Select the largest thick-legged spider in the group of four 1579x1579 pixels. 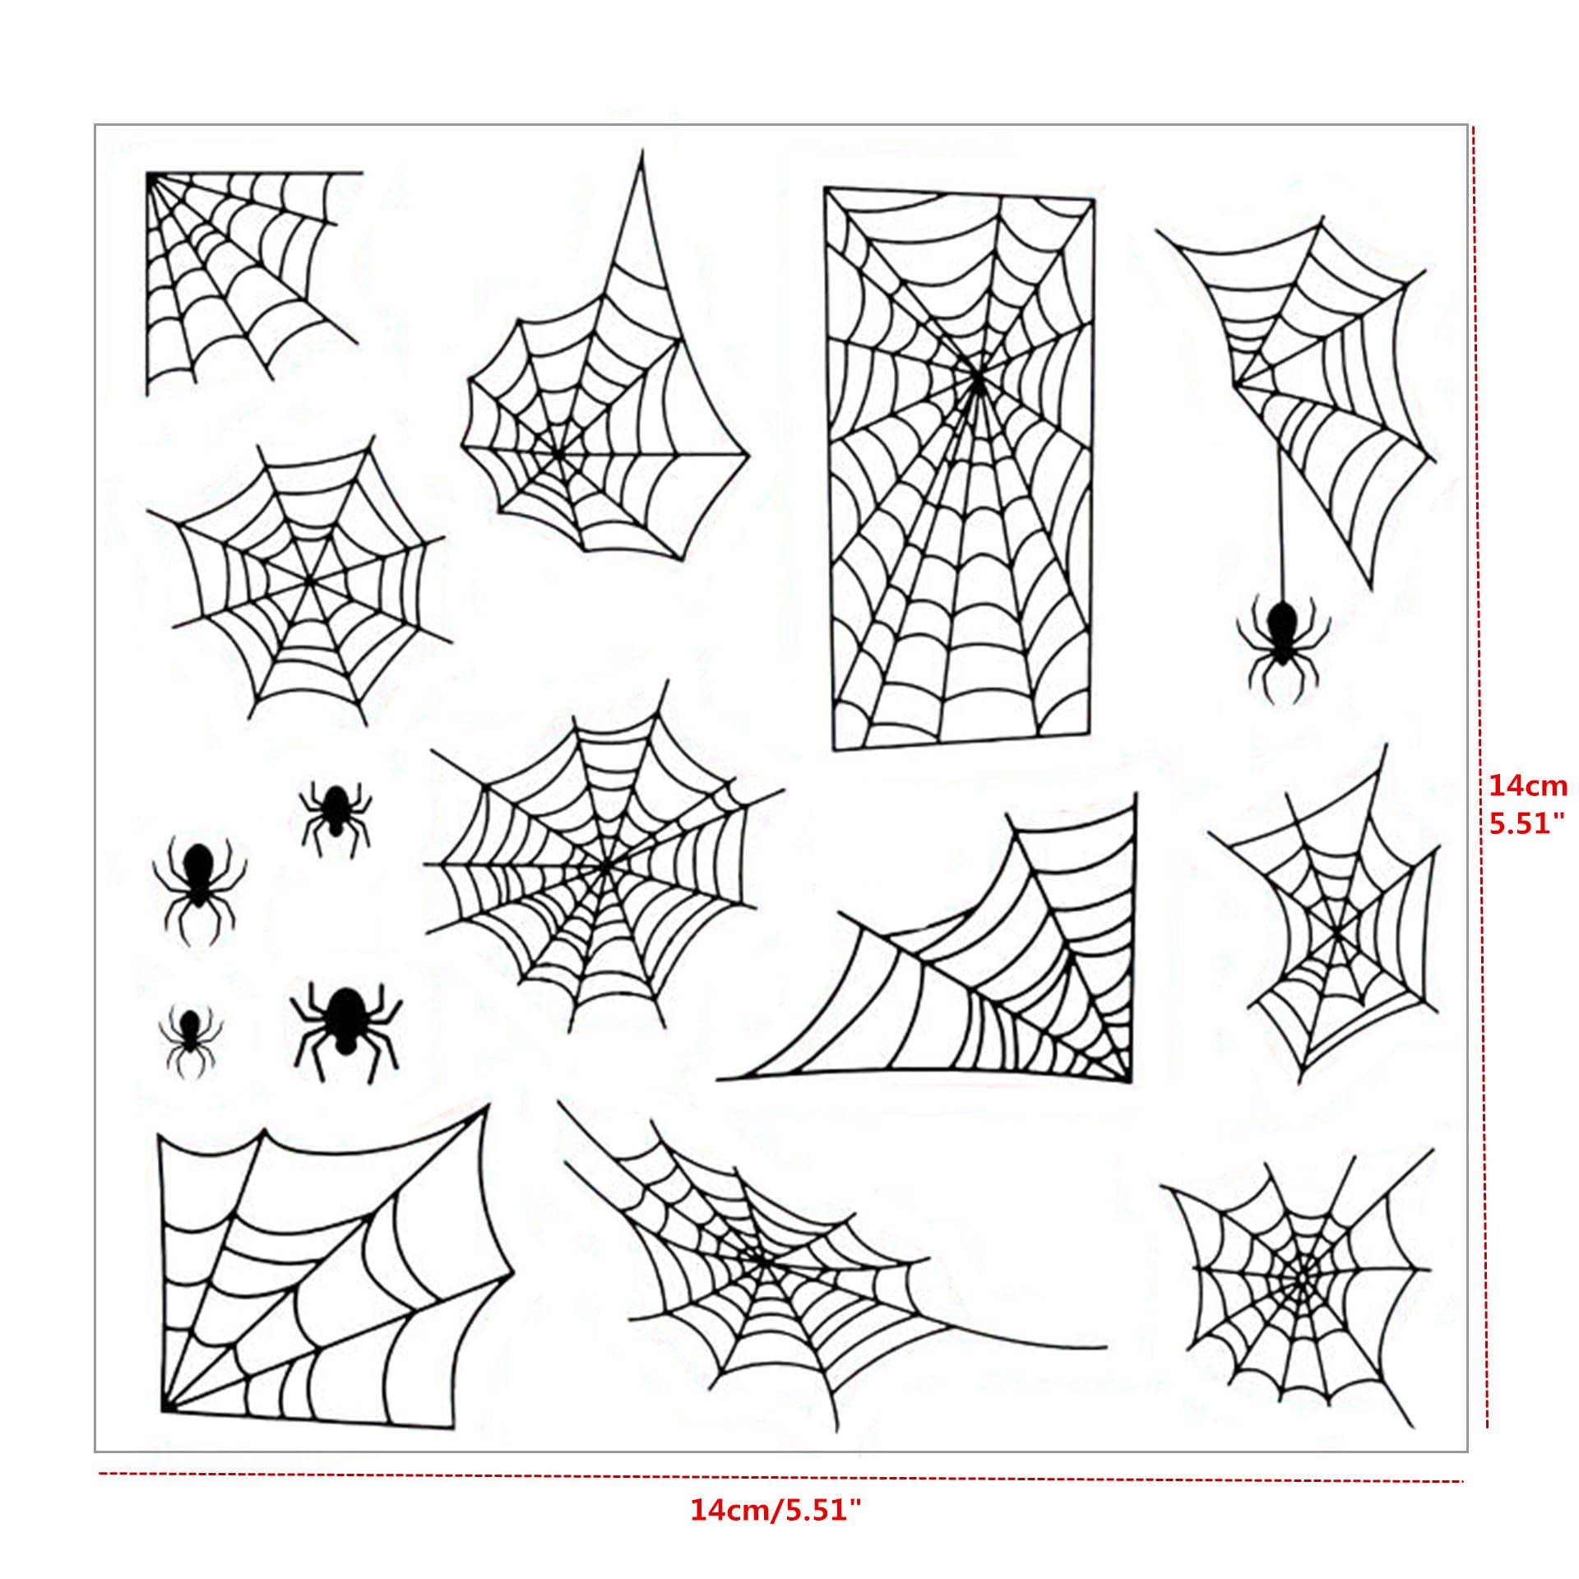click(345, 1028)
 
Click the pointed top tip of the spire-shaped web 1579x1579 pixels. click(642, 151)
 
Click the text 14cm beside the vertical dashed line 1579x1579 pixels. click(1528, 785)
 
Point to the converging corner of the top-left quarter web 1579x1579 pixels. click(150, 175)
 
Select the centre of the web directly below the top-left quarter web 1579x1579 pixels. click(309, 581)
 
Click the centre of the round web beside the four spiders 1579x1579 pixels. click(604, 865)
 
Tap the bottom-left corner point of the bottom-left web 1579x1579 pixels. click(162, 1410)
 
